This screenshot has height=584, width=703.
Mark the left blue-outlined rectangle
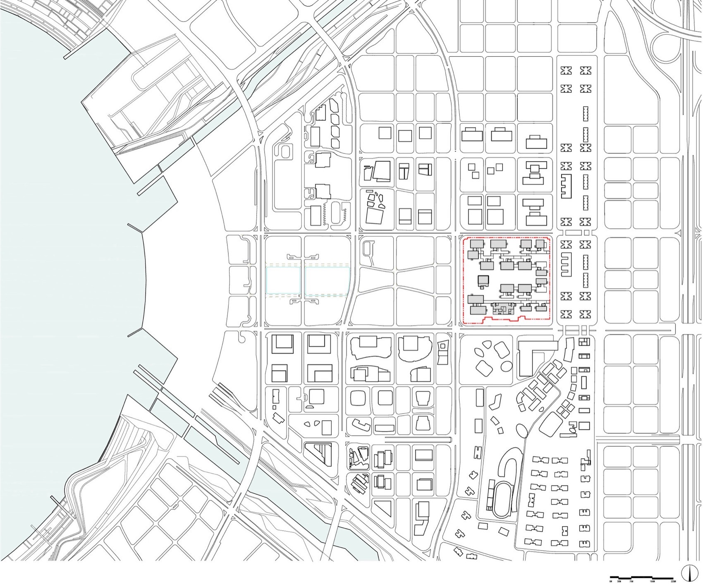pos(283,281)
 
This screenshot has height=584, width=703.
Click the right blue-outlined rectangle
pos(328,281)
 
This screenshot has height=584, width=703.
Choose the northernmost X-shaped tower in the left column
pos(567,71)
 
